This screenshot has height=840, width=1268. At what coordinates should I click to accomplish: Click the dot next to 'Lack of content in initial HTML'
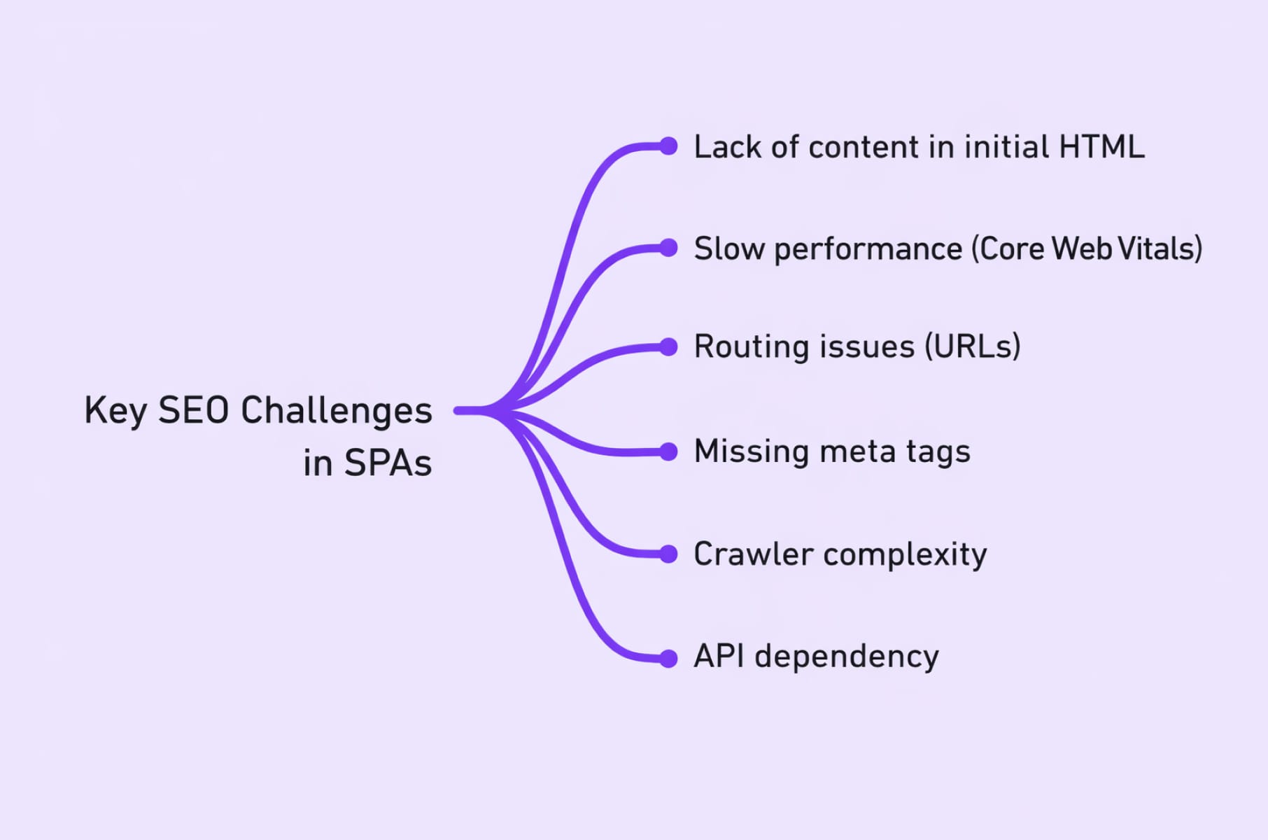pos(669,146)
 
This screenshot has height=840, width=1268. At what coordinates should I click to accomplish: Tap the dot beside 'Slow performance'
pos(669,248)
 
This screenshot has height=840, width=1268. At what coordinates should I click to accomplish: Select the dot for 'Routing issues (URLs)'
pos(669,347)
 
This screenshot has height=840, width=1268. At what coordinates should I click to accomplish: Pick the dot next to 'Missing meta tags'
pos(669,451)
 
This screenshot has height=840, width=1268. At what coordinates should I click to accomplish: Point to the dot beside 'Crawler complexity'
pos(669,554)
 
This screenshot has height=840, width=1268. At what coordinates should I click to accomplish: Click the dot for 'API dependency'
pos(669,659)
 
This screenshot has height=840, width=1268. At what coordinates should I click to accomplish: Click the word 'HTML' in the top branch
pos(1101,147)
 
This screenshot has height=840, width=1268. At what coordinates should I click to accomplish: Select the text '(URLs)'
pos(973,347)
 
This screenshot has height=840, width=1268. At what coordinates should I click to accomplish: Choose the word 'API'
pos(719,657)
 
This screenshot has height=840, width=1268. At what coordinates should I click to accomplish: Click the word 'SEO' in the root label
pos(193,410)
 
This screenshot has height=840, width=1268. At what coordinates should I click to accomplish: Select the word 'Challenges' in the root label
pos(336,412)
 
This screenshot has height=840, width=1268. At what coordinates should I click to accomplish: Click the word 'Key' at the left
pos(115,412)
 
